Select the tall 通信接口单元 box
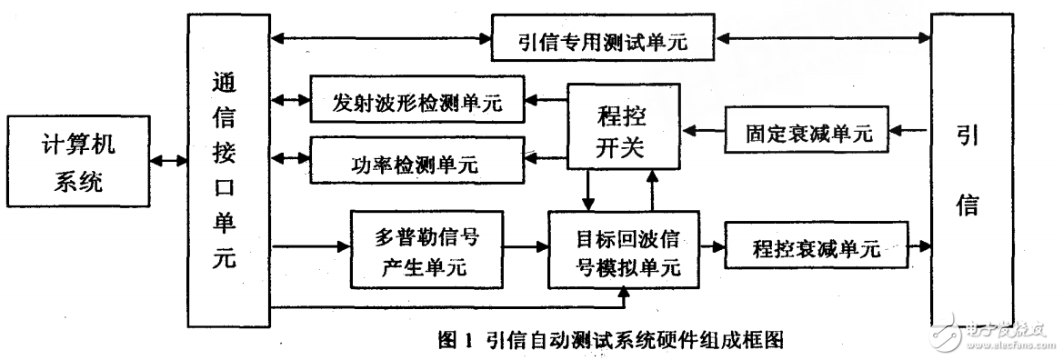[x=227, y=168]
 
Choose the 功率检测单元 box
[x=418, y=165]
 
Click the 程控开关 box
[x=625, y=127]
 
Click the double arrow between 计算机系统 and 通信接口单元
[x=165, y=162]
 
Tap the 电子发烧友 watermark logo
[x=1000, y=339]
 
